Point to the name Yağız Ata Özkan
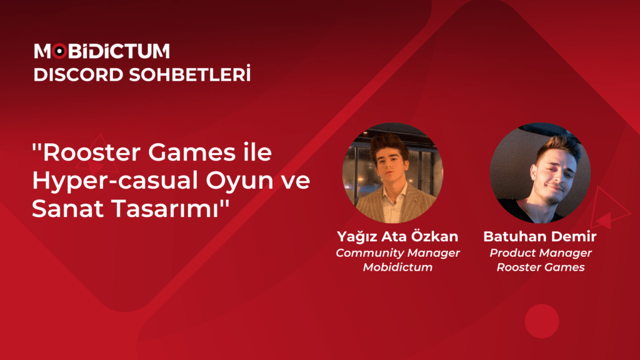coord(397,237)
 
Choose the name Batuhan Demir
coord(541,237)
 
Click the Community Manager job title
coord(397,253)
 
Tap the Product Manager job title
coord(541,253)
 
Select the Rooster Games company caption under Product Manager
coord(541,267)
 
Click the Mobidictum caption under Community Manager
coord(397,267)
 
